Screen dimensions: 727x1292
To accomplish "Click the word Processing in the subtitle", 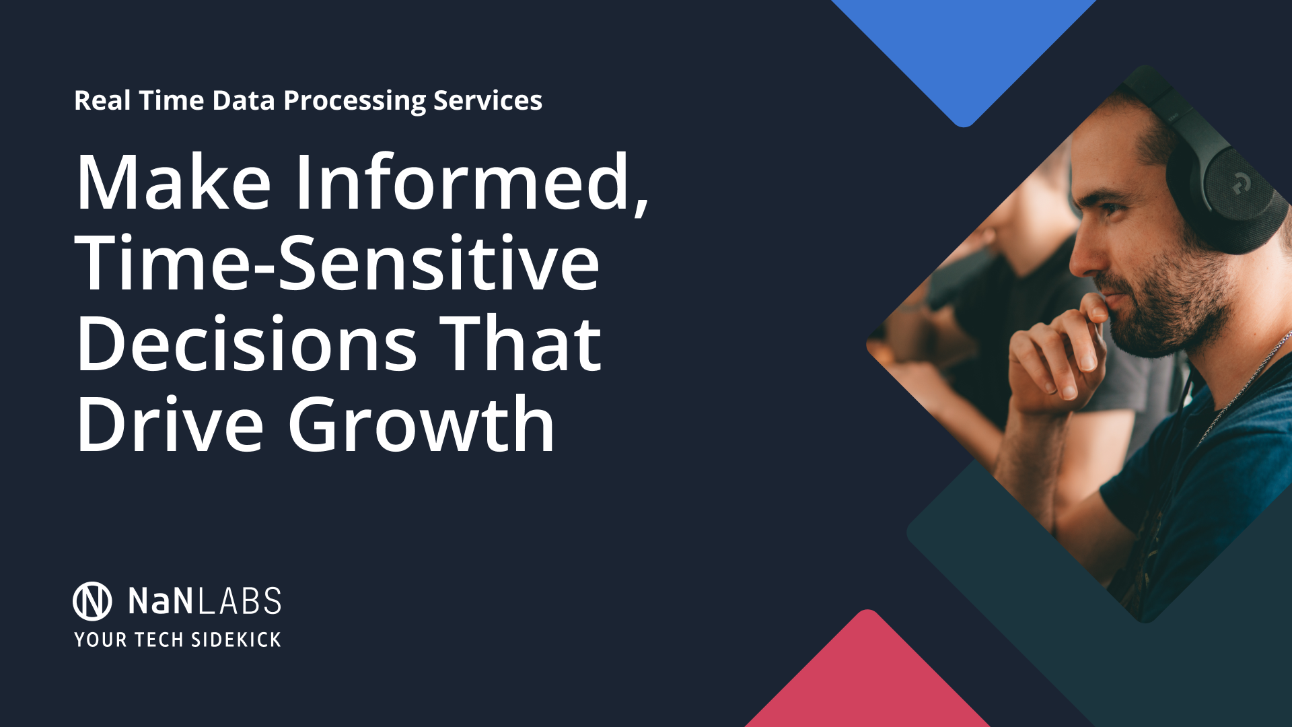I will pos(355,101).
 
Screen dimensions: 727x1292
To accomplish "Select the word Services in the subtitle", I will pos(487,100).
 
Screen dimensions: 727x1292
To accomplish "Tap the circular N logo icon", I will pos(92,601).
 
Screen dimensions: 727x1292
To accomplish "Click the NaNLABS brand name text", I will pos(205,601).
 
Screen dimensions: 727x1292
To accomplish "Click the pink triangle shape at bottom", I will pos(868,680).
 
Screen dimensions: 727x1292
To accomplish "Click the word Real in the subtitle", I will pos(102,101).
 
